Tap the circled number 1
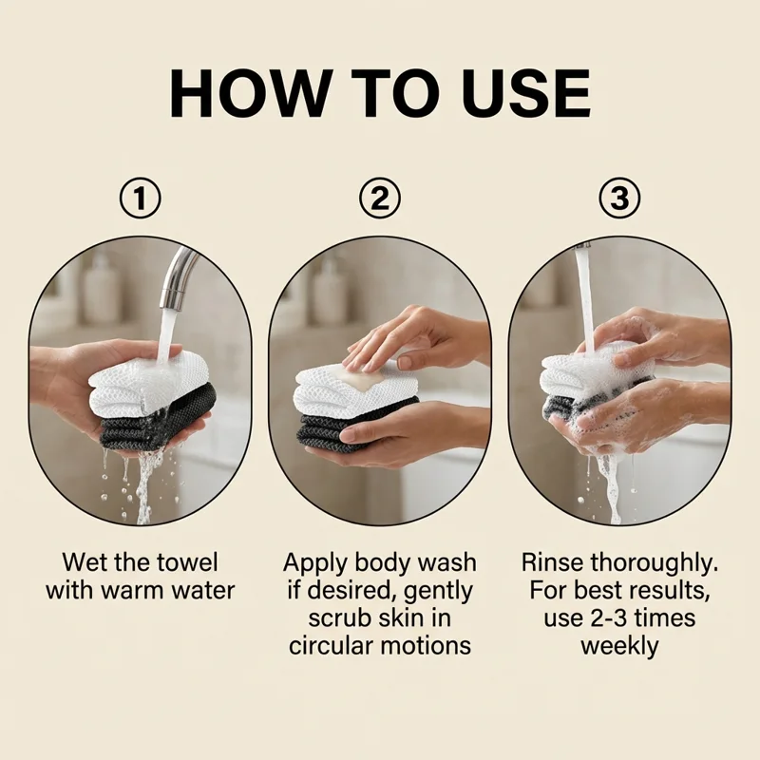point(140,198)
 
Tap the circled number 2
point(379,198)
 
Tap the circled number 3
point(619,198)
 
